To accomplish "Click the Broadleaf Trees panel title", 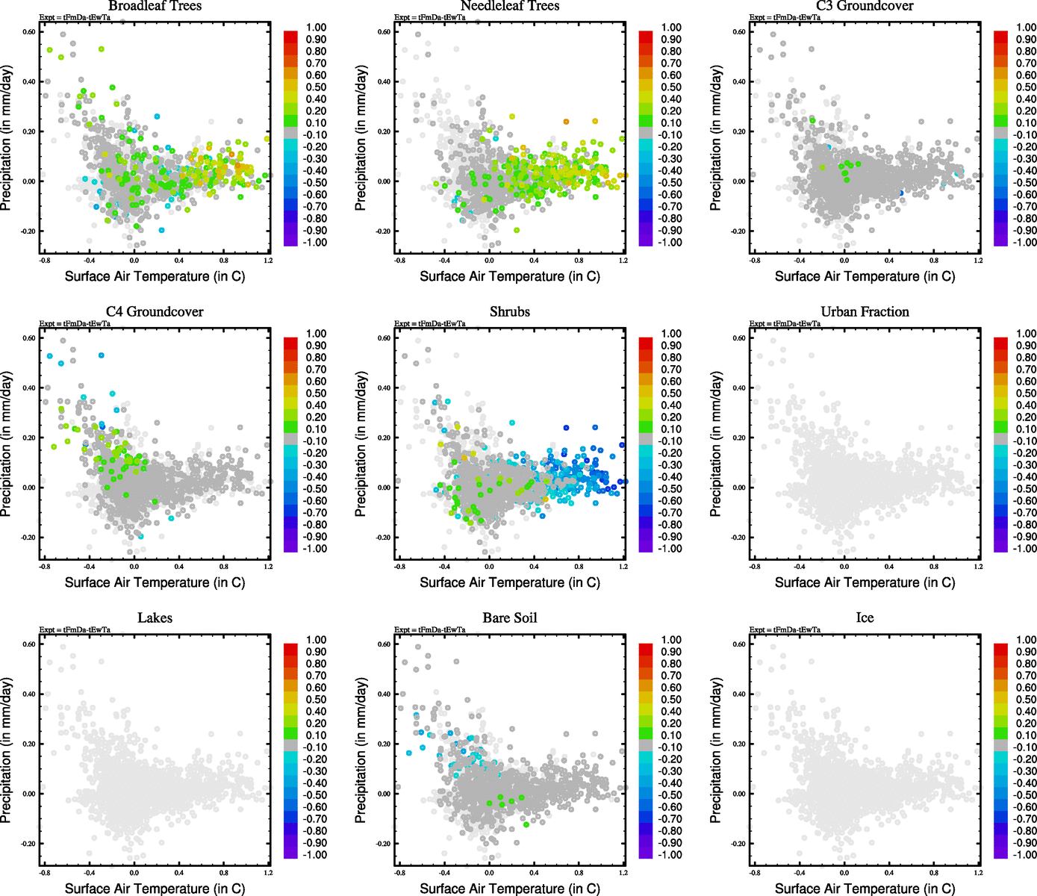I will [155, 6].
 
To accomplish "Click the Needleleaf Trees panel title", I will [510, 6].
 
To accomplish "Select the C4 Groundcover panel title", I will [155, 312].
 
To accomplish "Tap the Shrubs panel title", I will [510, 312].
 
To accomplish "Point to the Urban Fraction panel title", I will [865, 312].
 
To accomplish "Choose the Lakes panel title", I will [155, 618].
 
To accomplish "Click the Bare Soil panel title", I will [510, 618].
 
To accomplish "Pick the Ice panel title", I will [865, 618].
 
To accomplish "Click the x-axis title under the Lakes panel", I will [155, 889].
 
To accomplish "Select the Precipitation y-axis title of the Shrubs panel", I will [361, 444].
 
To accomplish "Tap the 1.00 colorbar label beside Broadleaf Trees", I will [316, 28].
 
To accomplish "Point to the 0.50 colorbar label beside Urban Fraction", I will [1026, 393].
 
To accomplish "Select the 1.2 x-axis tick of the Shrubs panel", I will [623, 567].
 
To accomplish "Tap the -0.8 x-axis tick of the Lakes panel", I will [45, 873].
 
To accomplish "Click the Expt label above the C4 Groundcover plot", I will [75, 324].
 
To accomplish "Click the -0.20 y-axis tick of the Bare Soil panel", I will [383, 844].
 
